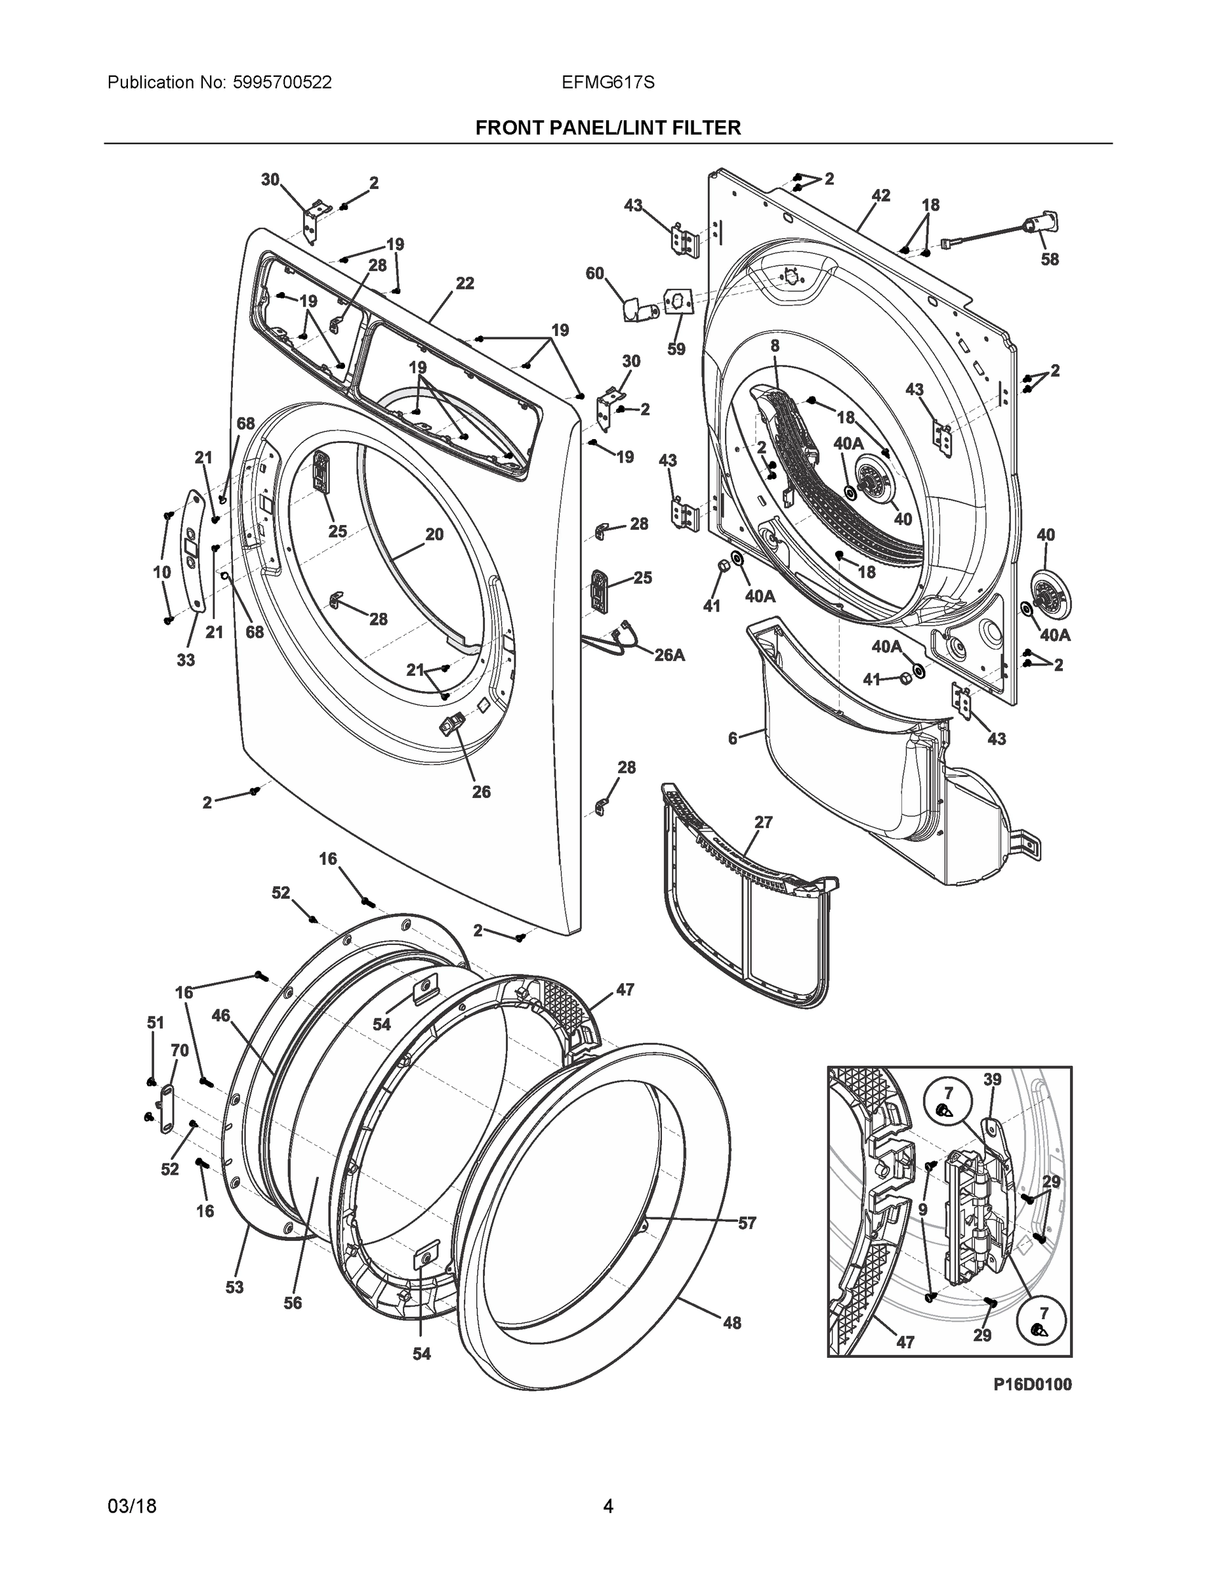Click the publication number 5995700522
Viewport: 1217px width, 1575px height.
pos(282,83)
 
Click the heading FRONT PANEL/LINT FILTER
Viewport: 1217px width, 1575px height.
pos(608,129)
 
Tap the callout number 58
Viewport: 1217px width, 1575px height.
pos(1049,260)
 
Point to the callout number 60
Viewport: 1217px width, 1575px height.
pos(595,273)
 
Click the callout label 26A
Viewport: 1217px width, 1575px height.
pos(669,655)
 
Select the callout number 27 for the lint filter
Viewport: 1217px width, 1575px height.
pos(764,822)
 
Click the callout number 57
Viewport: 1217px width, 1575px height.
pos(747,1223)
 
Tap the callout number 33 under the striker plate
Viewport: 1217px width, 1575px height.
pos(186,659)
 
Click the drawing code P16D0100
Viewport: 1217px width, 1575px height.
pos(1032,1384)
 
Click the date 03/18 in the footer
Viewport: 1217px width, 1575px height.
pos(132,1507)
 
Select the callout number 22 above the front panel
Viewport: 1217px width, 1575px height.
pos(465,283)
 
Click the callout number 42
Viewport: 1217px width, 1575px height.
pos(880,196)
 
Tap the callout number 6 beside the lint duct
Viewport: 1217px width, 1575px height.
pos(733,738)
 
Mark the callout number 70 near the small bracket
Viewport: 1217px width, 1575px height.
pos(180,1051)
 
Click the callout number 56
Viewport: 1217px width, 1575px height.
pos(293,1303)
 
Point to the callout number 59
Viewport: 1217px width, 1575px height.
pos(676,349)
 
